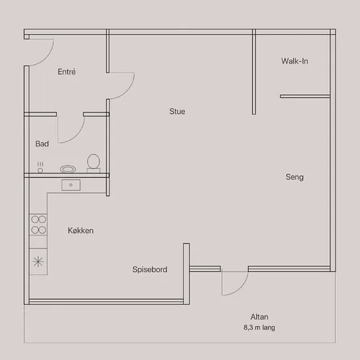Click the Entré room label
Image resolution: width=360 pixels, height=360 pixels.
(x=67, y=71)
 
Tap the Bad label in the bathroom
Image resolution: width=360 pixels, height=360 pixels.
(x=42, y=144)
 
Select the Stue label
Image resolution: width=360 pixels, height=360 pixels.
(x=177, y=111)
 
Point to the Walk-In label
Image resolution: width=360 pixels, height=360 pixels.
(x=295, y=61)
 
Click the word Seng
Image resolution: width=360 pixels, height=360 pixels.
(x=295, y=177)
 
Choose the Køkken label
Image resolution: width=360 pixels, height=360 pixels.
(x=81, y=230)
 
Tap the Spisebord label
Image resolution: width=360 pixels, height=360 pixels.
(x=150, y=269)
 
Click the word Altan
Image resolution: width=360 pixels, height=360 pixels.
(x=259, y=317)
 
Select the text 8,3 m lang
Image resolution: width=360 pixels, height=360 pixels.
(x=259, y=327)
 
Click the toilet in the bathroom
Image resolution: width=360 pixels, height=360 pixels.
(x=94, y=163)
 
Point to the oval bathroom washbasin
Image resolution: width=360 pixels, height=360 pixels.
(x=68, y=170)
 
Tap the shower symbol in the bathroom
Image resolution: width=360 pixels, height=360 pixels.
(x=40, y=168)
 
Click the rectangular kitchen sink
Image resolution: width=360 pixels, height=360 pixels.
(x=71, y=185)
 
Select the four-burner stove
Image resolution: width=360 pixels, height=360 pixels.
(x=39, y=225)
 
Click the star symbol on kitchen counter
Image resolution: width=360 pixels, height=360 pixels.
(x=38, y=262)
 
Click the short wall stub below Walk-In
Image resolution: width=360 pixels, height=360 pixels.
(x=305, y=96)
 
